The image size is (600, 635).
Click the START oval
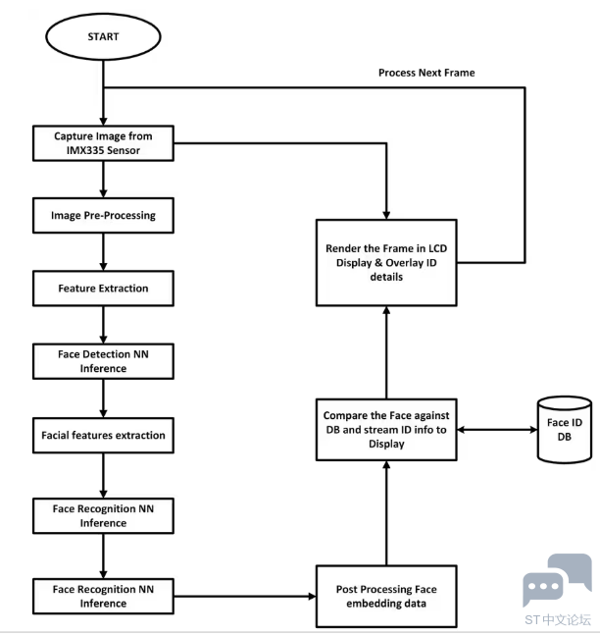103,37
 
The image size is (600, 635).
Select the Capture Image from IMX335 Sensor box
103,143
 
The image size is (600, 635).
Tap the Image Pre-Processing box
103,216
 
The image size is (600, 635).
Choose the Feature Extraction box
103,289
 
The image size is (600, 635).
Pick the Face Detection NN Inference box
103,361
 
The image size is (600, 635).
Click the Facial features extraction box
103,436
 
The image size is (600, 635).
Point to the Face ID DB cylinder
565,430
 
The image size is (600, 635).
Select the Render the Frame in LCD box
386,263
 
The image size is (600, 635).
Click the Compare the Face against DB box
386,430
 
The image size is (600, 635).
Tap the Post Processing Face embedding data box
386,596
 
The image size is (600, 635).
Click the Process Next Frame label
426,73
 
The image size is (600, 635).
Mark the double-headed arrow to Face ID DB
497,430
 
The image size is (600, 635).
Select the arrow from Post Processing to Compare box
386,513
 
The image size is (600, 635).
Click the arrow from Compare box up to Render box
386,352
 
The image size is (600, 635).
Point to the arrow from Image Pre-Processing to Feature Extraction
103,252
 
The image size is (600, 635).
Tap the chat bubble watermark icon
557,579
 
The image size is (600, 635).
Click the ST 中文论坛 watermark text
558,619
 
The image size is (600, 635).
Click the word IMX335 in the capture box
82,150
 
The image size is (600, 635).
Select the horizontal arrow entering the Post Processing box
245,596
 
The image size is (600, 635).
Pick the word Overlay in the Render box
404,263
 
